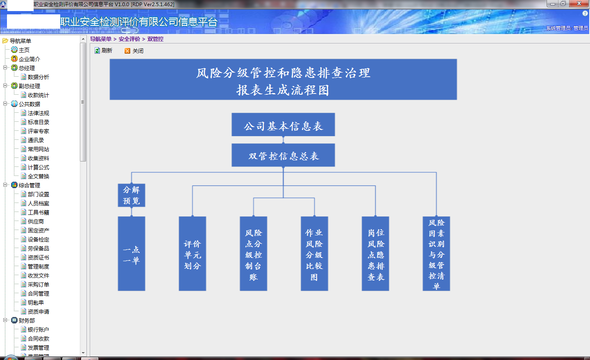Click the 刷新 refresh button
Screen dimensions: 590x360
103,50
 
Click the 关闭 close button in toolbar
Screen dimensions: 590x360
134,51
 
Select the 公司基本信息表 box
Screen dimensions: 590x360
283,125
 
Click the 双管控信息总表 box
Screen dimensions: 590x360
283,155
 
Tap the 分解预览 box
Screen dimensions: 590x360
132,195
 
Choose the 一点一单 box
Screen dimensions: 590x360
132,253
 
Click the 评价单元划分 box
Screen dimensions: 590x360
192,253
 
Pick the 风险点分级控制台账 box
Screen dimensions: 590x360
253,253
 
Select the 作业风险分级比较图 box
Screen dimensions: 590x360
314,253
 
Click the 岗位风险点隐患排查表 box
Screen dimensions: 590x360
375,253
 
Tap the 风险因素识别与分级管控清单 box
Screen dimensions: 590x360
436,253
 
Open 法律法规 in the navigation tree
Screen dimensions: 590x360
39,113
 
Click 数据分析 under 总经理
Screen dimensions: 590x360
39,77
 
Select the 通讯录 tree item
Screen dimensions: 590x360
36,140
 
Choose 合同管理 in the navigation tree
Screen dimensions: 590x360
39,294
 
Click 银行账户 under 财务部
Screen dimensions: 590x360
39,330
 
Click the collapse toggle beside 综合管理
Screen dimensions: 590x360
5,185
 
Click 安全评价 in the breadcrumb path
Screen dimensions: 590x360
129,39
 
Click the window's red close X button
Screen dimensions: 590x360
579,3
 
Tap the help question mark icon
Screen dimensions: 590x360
585,14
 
